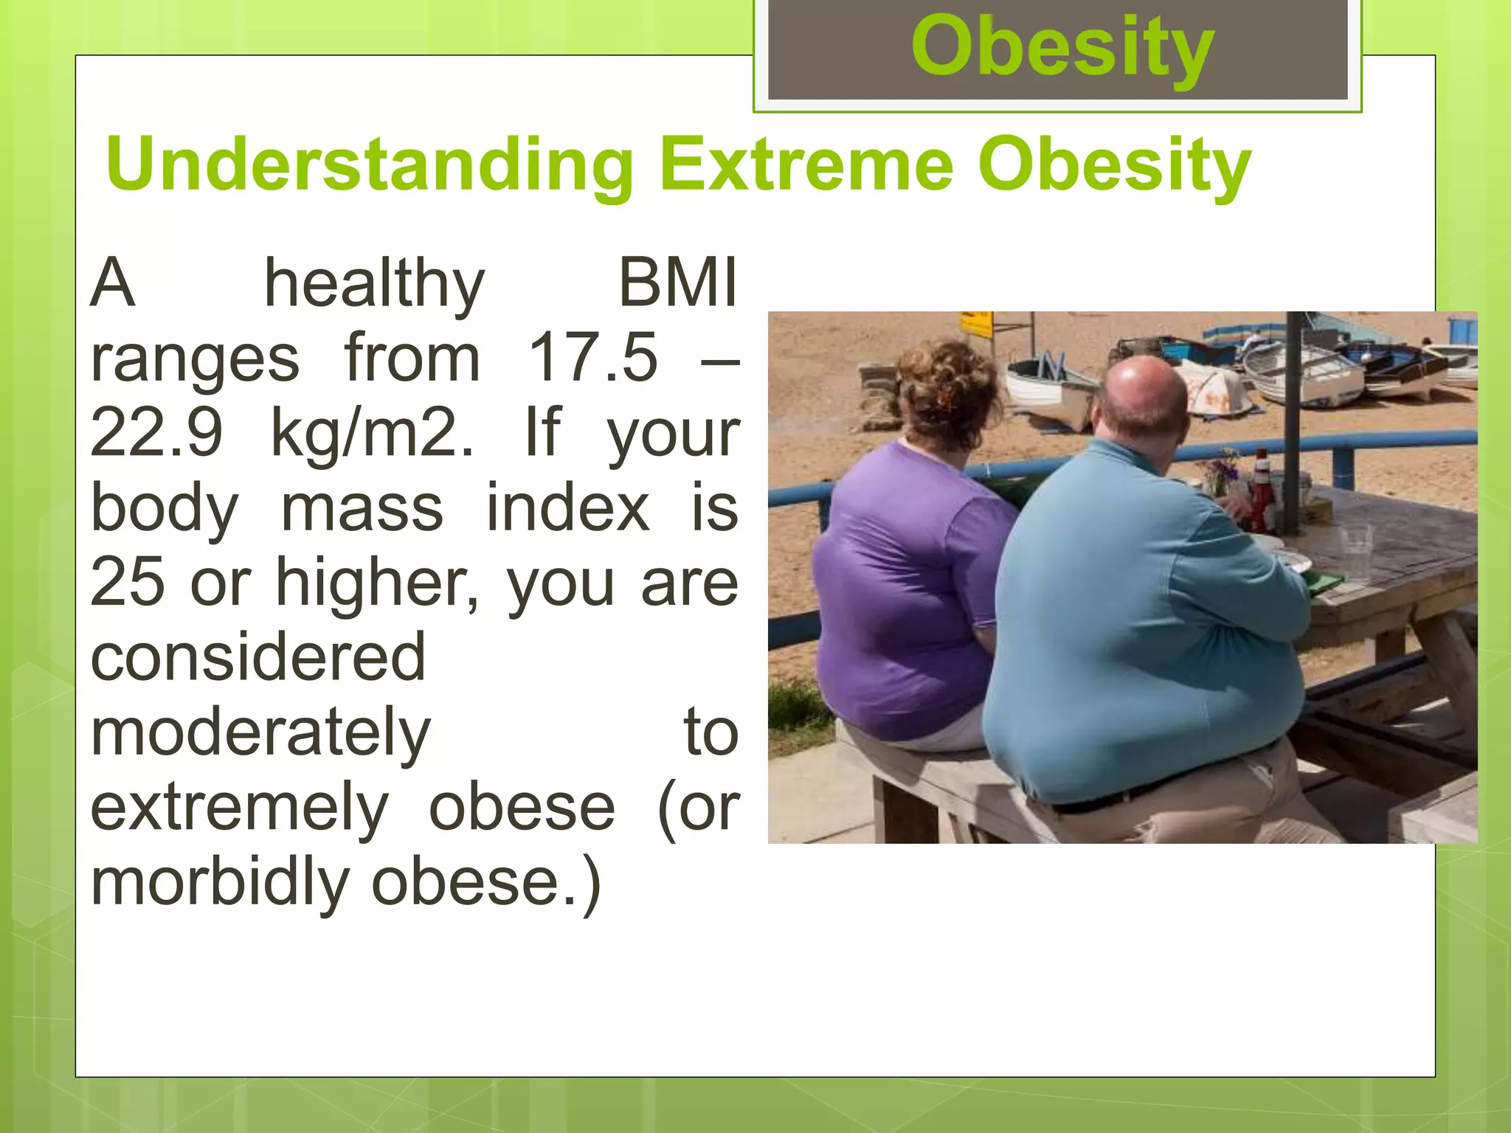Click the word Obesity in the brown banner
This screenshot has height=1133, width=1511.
coord(1062,49)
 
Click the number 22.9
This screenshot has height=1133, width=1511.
coord(156,434)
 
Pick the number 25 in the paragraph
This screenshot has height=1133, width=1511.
coord(127,583)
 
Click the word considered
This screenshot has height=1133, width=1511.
coord(258,657)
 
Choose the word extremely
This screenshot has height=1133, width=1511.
coord(239,809)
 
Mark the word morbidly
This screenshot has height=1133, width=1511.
coord(220,884)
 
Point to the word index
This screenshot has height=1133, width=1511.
coord(568,508)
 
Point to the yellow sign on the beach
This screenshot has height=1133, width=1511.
coord(975,324)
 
